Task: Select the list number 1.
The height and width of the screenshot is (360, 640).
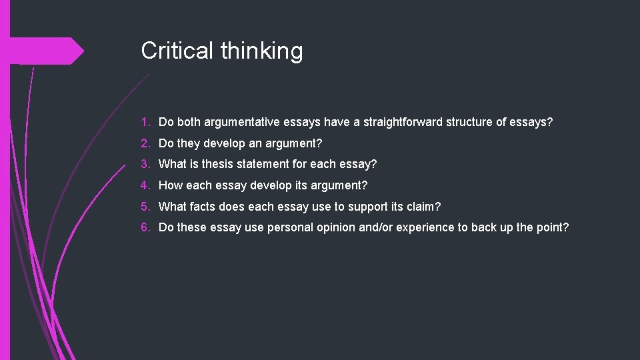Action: (x=145, y=122)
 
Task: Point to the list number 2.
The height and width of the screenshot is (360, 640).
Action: (x=145, y=143)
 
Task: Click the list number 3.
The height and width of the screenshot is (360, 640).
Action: (x=145, y=164)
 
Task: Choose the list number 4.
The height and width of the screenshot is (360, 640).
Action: (x=145, y=185)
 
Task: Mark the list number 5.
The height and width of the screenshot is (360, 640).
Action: (x=145, y=207)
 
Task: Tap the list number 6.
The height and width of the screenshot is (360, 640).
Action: (x=145, y=227)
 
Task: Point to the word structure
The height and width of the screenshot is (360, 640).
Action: (x=469, y=122)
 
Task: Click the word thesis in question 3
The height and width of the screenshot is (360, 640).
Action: (x=218, y=164)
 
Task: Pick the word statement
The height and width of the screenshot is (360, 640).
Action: (x=263, y=164)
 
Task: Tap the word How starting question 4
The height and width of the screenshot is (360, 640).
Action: (x=171, y=185)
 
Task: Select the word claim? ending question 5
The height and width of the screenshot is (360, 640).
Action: (x=424, y=207)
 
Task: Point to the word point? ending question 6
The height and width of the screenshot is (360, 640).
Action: (x=553, y=228)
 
